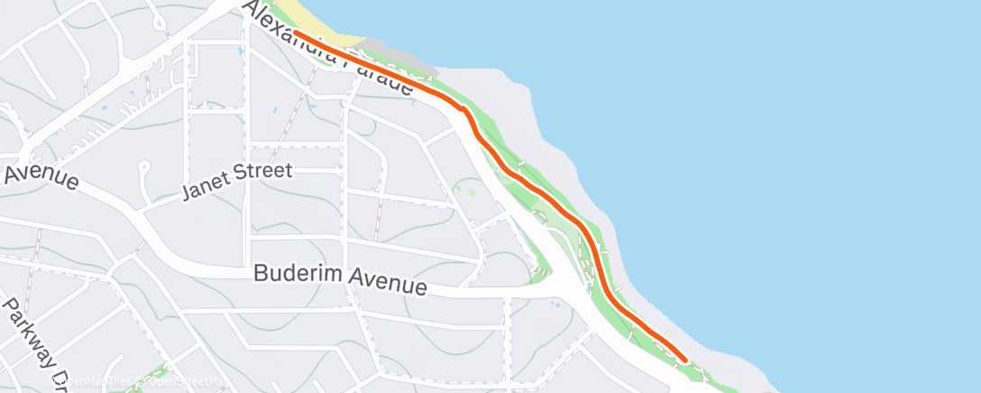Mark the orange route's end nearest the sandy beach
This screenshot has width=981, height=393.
(296, 33)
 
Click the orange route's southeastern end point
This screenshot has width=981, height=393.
(685, 359)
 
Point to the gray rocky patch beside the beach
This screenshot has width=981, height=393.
(410, 62)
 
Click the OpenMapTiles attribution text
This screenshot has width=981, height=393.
(90, 382)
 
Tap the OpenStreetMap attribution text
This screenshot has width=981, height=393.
(184, 382)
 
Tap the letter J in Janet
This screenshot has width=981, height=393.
(186, 191)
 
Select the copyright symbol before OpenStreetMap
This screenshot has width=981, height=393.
(141, 382)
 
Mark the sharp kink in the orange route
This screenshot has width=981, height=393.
(466, 113)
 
